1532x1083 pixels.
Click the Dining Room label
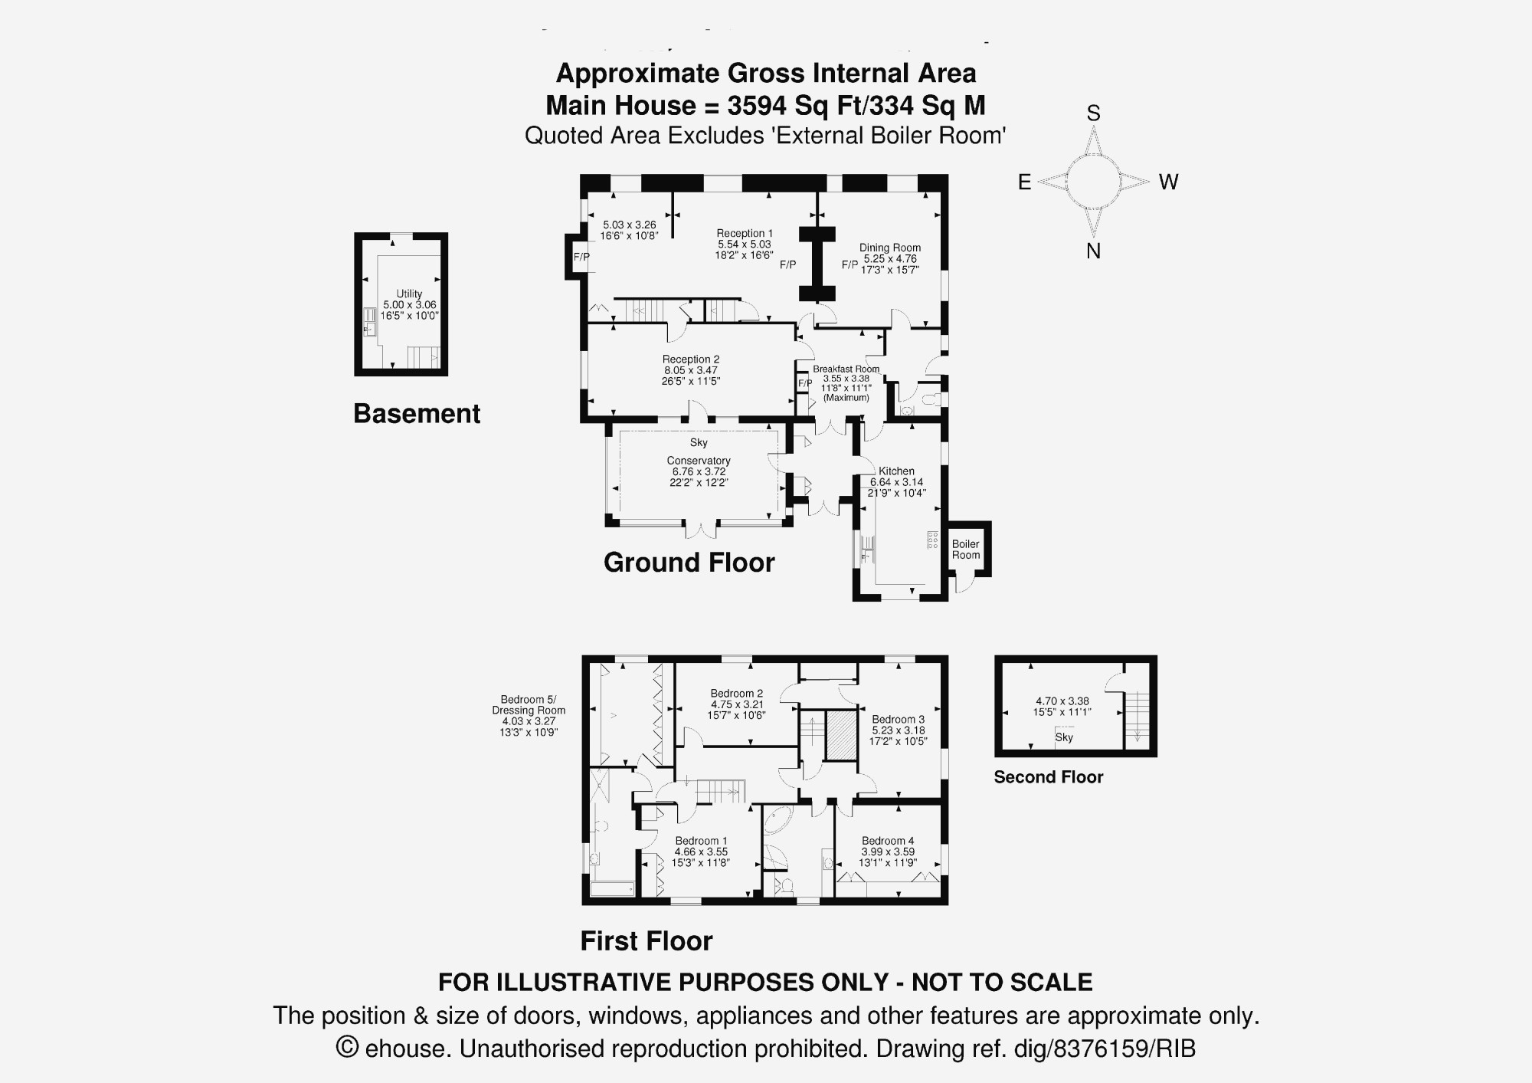890,248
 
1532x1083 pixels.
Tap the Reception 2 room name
691,359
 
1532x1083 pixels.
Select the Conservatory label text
699,461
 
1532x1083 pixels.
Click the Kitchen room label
896,471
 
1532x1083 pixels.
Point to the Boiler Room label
966,550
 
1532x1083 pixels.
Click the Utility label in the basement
409,294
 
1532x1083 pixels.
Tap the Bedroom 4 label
888,841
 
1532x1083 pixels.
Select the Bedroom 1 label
701,841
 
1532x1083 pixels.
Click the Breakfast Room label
846,369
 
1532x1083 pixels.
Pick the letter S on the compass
1094,113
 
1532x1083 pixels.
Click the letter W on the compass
1168,182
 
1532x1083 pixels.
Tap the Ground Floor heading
689,563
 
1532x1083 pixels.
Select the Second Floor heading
1049,777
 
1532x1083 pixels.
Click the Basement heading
417,414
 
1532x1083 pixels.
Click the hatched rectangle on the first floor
840,736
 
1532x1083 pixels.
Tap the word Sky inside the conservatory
699,442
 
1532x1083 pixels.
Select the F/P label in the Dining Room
849,264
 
